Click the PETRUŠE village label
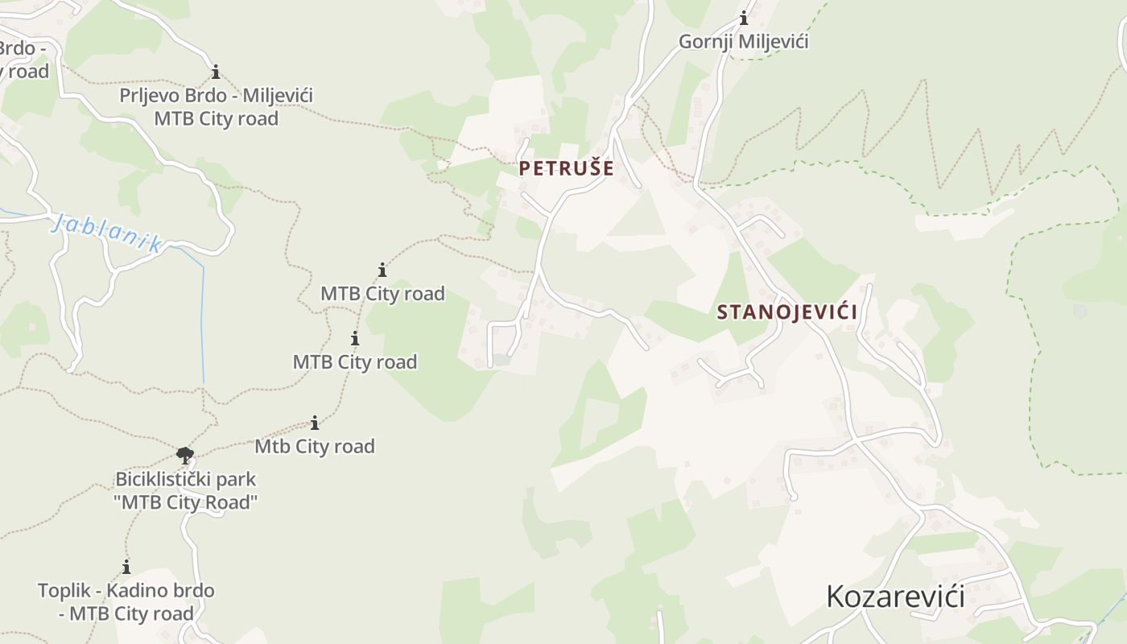[566, 168]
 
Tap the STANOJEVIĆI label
[786, 312]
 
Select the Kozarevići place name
[895, 597]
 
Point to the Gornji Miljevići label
[743, 41]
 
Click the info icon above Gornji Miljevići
[744, 18]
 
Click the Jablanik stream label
[106, 233]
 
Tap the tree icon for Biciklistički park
[185, 456]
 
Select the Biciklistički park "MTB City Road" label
[186, 490]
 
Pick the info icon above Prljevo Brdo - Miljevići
[216, 72]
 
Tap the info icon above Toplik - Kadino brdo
[126, 567]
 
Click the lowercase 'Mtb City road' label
[315, 446]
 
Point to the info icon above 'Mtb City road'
[315, 423]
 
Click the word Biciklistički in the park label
[156, 479]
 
